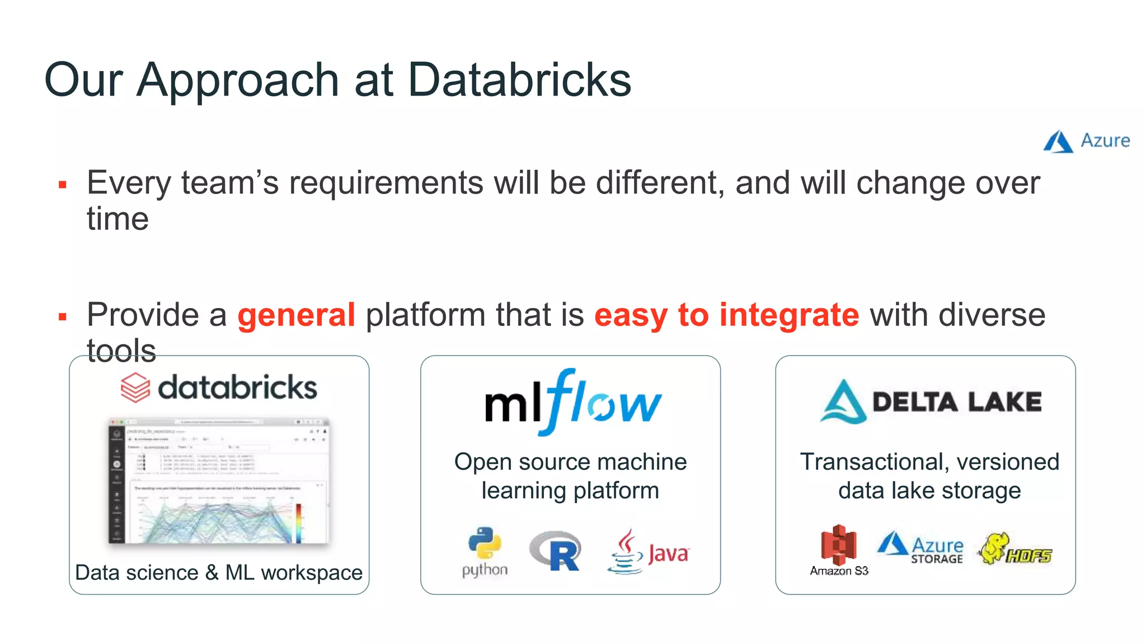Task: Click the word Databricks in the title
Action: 519,80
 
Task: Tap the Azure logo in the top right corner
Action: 1086,141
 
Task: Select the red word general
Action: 296,315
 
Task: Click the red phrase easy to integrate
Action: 726,315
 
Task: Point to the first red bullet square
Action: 63,184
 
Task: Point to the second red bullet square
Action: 63,317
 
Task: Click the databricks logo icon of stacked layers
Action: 135,387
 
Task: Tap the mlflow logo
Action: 572,402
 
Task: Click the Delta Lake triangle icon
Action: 843,402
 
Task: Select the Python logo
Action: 485,551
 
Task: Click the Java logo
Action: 648,552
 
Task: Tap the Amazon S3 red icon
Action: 838,545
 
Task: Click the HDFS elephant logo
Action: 1015,550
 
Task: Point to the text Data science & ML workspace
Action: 219,572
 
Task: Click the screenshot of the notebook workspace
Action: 219,481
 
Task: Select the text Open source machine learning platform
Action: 570,476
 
